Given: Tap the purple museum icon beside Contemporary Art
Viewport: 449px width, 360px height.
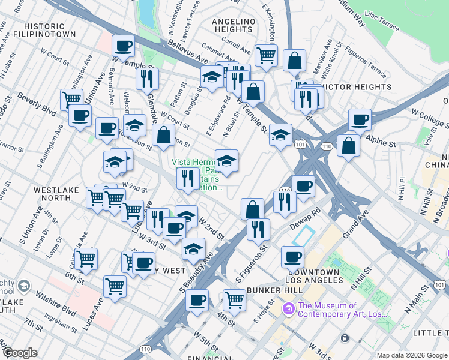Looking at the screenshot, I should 288,310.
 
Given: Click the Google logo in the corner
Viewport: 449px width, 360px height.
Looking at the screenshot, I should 20,353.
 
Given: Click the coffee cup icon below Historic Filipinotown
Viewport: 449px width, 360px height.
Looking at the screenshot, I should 123,46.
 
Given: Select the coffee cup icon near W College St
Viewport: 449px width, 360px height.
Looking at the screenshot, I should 360,119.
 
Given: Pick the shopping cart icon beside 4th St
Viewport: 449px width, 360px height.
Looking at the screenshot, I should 234,299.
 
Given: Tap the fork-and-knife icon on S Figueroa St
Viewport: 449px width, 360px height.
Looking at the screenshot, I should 258,229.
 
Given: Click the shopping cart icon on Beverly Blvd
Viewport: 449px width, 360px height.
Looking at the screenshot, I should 72,98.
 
